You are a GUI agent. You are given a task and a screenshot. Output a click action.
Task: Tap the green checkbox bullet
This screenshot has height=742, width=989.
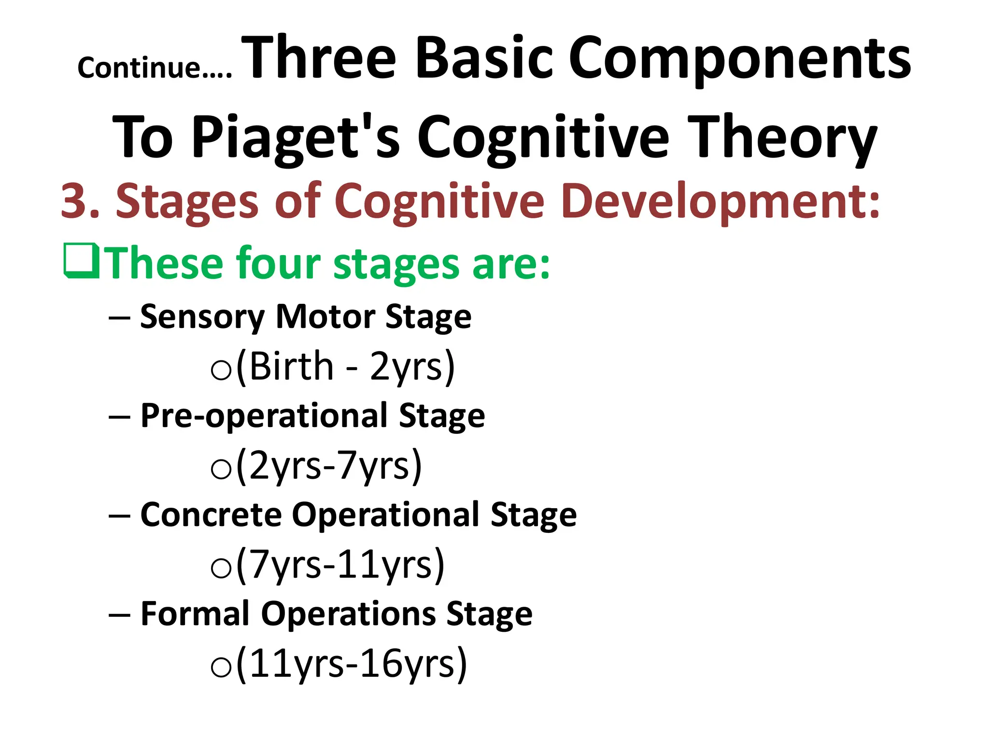[x=82, y=261]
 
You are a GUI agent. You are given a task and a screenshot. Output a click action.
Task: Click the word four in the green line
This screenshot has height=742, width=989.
[x=279, y=263]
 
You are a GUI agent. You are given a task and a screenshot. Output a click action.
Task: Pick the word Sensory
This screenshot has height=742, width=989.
[x=202, y=318]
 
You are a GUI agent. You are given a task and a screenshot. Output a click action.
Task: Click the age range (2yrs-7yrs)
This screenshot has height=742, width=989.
[x=329, y=466]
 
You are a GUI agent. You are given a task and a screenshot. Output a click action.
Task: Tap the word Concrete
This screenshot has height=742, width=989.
[x=211, y=515]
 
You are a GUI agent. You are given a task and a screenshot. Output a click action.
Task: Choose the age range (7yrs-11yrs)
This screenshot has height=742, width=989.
[x=340, y=565]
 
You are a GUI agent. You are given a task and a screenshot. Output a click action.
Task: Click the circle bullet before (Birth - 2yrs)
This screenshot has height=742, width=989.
[x=221, y=371]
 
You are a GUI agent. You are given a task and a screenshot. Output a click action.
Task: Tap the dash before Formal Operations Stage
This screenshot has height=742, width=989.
[x=119, y=615]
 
